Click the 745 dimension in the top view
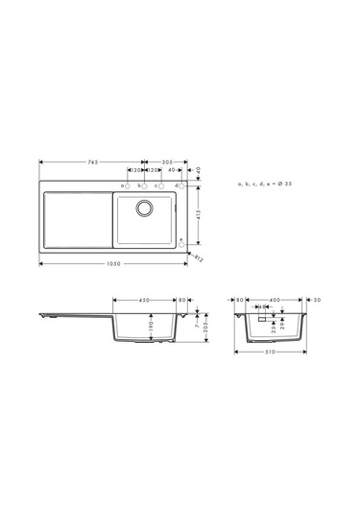coord(92,162)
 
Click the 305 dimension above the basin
coord(167,162)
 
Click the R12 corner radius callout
coord(200,257)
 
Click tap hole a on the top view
coord(124,184)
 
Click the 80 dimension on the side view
coord(181,300)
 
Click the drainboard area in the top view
coord(76,220)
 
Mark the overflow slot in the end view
coord(260,318)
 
